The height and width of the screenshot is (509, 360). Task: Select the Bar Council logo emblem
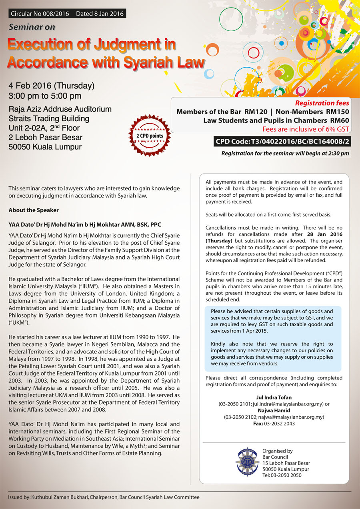[x=247, y=462]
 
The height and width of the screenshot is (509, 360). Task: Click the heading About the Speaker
[x=33, y=210]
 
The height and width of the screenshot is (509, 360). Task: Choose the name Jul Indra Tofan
[x=274, y=397]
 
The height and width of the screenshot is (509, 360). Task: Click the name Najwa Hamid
[x=274, y=410]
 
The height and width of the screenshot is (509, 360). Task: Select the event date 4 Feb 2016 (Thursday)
[x=52, y=86]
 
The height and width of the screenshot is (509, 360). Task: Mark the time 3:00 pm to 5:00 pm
[x=45, y=96]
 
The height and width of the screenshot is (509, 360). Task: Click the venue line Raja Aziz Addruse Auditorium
[x=60, y=109]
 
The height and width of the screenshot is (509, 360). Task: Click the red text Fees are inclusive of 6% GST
[x=306, y=129]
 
